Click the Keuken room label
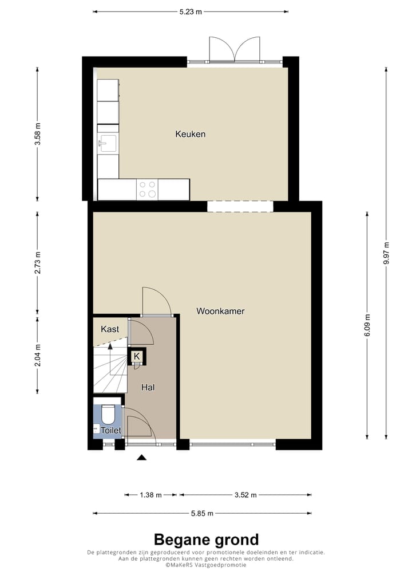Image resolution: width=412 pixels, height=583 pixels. click(x=190, y=135)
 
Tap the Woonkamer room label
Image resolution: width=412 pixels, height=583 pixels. click(x=220, y=312)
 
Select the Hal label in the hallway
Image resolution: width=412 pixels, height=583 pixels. click(x=148, y=387)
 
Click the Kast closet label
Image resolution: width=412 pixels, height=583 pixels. click(x=110, y=329)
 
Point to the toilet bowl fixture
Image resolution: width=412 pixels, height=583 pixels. click(x=108, y=414)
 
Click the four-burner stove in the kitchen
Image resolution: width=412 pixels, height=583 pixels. click(x=147, y=190)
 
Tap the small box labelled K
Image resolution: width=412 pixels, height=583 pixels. click(x=137, y=356)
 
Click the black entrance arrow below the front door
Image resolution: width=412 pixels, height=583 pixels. click(x=141, y=457)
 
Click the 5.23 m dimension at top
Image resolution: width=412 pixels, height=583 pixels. click(x=190, y=11)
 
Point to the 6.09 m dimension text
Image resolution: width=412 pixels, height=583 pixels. click(x=367, y=325)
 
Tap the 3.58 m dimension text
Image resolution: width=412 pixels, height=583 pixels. click(x=38, y=135)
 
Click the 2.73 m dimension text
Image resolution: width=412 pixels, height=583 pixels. click(x=38, y=262)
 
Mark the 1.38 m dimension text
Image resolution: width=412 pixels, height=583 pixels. click(x=150, y=495)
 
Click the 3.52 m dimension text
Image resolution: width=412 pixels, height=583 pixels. click(x=245, y=495)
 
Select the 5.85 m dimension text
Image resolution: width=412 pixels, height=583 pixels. click(x=203, y=513)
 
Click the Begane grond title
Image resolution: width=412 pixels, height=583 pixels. click(x=206, y=539)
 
